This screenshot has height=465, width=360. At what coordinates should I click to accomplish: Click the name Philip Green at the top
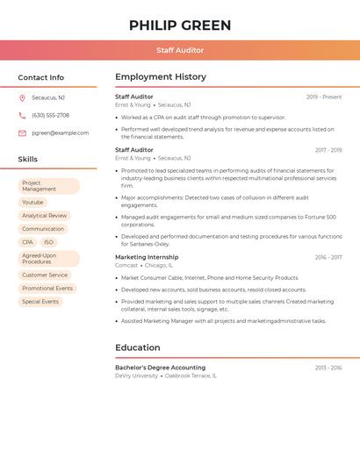click(x=180, y=25)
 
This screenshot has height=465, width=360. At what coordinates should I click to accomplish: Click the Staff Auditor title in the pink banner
click(x=180, y=50)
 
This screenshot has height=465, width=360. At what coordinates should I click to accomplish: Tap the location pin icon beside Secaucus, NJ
click(x=22, y=97)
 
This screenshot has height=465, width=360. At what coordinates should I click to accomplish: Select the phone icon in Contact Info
click(x=22, y=115)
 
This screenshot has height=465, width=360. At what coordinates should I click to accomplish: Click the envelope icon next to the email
click(x=22, y=132)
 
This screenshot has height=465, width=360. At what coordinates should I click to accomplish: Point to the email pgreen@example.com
click(x=60, y=132)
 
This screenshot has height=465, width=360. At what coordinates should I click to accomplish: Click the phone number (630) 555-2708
click(x=50, y=115)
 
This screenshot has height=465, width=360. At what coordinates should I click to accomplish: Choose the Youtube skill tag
click(x=32, y=202)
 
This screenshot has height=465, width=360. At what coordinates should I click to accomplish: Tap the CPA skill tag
click(x=27, y=242)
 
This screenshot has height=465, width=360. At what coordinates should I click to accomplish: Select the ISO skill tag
click(x=48, y=242)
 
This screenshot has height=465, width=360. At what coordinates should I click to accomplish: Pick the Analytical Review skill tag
click(x=44, y=215)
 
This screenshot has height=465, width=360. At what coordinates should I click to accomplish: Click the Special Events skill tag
click(x=40, y=301)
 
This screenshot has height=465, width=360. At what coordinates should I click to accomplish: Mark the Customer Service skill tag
click(x=45, y=275)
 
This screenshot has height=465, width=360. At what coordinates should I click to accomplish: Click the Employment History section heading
click(x=161, y=77)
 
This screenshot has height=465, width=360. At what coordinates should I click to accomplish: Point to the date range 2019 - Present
click(x=324, y=97)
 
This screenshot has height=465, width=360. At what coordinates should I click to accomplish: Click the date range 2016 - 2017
click(x=328, y=257)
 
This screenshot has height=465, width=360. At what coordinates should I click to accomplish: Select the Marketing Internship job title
click(x=147, y=257)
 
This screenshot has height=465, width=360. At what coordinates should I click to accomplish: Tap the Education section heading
click(x=138, y=347)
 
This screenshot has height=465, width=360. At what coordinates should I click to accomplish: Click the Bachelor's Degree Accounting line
click(x=160, y=368)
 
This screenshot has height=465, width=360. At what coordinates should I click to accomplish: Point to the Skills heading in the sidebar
click(x=28, y=160)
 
